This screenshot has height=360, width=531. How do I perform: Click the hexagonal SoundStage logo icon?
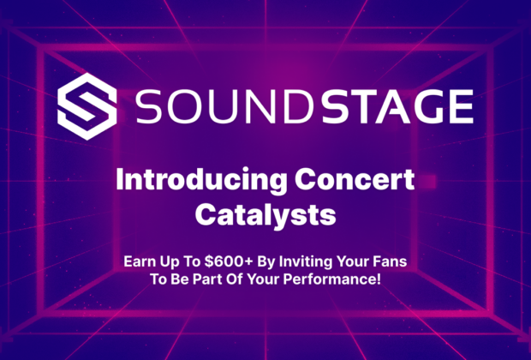[87, 106]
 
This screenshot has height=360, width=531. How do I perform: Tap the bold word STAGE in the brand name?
[397, 106]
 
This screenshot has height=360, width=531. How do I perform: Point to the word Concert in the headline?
[355, 180]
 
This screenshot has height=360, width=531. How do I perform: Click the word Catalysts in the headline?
[265, 215]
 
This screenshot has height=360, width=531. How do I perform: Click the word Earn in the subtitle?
[139, 261]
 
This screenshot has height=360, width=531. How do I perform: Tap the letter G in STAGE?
[427, 106]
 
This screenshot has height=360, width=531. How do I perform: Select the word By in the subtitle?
[266, 262]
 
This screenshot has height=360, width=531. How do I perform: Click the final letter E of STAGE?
[462, 106]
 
